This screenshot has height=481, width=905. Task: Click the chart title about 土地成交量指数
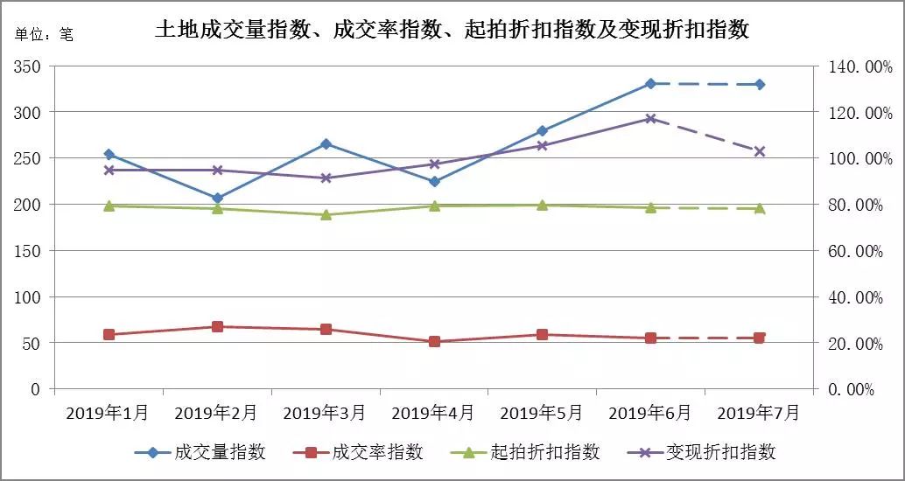point(452,30)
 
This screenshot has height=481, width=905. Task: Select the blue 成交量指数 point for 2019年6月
point(650,84)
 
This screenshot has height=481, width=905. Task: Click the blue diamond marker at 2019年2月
point(217,199)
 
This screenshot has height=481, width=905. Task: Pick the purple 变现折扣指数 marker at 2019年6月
point(650,119)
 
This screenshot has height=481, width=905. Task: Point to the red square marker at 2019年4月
point(434,342)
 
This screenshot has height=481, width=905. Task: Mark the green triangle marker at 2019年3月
point(326,214)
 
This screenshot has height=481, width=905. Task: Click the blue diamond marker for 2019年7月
point(759,85)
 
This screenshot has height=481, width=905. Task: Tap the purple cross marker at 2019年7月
point(759,151)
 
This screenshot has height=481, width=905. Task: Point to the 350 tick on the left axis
point(29,66)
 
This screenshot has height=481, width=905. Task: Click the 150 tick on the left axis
point(29,251)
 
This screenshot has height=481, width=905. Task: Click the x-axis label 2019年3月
point(325,412)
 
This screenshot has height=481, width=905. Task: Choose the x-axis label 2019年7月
point(758,412)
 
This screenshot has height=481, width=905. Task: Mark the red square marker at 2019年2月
point(217,327)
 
